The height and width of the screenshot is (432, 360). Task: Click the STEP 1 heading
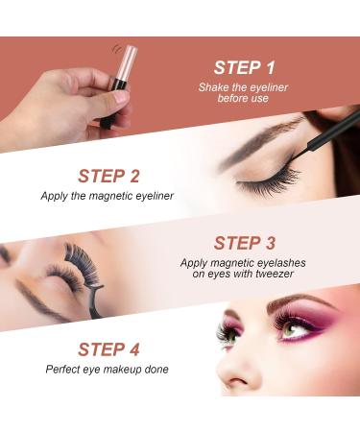click(244, 68)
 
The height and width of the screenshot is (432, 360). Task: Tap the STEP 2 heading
click(108, 176)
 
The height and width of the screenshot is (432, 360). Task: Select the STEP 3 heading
click(244, 243)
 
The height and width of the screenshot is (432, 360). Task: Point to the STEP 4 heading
click(108, 349)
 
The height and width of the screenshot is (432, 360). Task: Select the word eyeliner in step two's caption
click(155, 196)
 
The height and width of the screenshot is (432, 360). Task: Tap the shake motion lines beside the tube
click(116, 49)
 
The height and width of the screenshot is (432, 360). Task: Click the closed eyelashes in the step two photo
click(269, 181)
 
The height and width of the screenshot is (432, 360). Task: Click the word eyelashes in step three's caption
click(281, 263)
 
